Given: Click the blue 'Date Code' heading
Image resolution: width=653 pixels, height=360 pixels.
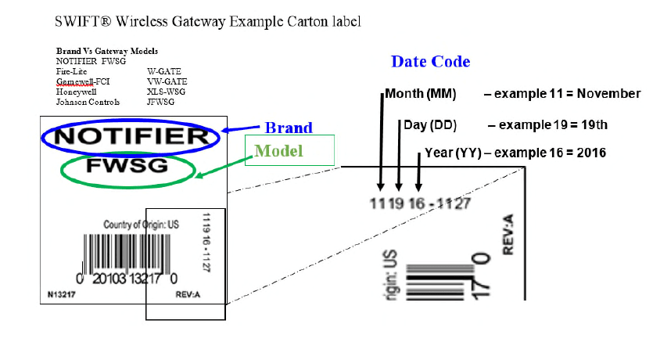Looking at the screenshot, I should click(x=430, y=62).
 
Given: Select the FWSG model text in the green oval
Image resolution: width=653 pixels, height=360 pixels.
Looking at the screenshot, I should click(x=128, y=167).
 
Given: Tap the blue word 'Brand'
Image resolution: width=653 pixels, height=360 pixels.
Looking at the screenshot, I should click(x=288, y=128).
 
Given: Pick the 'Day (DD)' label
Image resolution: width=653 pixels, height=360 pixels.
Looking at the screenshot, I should click(x=430, y=124).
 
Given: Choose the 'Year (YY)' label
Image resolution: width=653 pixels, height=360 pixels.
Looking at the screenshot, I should click(x=454, y=153).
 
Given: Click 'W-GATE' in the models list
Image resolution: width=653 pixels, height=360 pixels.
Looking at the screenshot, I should click(x=164, y=70).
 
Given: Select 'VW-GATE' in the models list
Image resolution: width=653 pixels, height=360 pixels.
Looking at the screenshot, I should click(x=167, y=81).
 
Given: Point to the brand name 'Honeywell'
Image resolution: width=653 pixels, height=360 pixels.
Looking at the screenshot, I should click(x=77, y=91).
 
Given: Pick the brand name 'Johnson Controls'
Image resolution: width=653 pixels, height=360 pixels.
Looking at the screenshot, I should click(x=88, y=102).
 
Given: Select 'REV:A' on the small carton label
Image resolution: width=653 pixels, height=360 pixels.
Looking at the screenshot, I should click(x=188, y=295).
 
